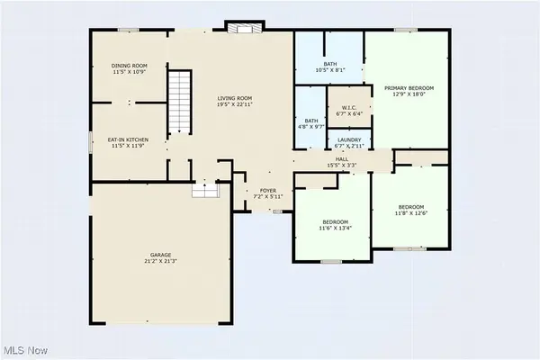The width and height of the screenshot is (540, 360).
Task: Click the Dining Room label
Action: (129, 66)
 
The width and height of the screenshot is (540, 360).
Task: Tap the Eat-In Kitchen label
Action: (129, 139)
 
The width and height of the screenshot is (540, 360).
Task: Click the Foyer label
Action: (267, 191)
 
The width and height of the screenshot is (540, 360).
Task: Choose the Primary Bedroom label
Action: (409, 87)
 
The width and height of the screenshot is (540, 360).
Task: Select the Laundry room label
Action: (349, 140)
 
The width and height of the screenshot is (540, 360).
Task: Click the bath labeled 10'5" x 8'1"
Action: (330, 64)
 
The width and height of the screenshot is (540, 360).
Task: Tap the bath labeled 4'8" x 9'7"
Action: (310, 121)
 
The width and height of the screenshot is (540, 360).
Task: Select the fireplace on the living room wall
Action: (240, 27)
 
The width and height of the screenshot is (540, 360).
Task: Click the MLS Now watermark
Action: (27, 346)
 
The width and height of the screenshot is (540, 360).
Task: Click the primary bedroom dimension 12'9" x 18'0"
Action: (409, 94)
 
